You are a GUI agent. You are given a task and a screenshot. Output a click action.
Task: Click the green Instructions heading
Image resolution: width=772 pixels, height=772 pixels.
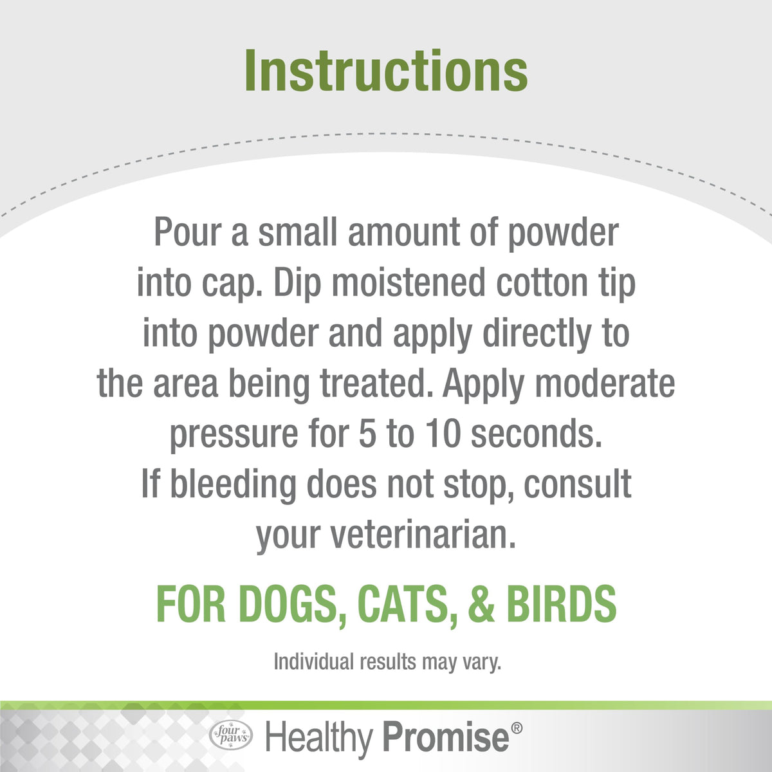point(386,71)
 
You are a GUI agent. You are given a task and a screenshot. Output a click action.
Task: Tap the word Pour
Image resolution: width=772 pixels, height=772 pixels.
point(188,232)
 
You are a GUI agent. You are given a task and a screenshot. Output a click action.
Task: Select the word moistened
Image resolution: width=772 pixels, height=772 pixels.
point(409,282)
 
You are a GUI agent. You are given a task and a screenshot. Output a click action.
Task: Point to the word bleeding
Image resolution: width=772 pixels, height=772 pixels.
point(234,485)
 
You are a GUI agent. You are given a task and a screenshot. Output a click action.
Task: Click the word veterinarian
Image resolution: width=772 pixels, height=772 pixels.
point(423,535)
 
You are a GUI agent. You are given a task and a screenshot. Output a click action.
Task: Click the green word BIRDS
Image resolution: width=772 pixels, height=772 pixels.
point(561,604)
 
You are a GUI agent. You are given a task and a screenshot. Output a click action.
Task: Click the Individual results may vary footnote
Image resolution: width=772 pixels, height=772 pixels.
point(387,662)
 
